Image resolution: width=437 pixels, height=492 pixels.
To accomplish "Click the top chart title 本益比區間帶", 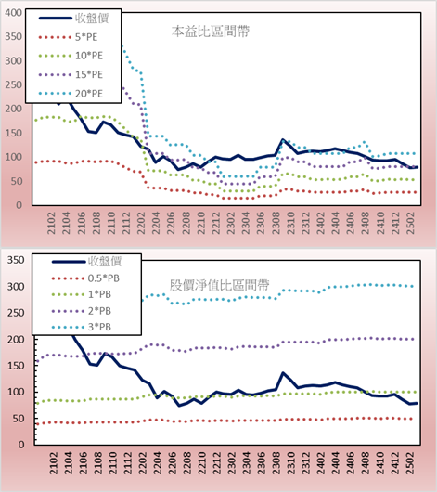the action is pos(211,32).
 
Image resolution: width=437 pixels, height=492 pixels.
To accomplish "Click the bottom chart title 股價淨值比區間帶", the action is pos(219,285).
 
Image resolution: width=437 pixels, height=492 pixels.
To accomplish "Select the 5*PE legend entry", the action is pos(68,37).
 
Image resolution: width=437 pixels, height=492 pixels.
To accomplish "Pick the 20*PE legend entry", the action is pos(71,94).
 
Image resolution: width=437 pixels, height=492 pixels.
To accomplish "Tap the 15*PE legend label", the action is pos(89,74).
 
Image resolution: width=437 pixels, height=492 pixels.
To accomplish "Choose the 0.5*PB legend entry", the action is pos(85,278).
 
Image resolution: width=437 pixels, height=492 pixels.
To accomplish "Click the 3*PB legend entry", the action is pos(82,327).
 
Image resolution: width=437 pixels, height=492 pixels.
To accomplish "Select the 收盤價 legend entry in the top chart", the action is pos(73,19).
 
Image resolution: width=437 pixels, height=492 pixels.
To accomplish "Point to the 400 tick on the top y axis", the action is pos(14,13).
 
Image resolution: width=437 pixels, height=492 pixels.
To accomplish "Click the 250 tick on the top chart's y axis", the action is pos(14,84).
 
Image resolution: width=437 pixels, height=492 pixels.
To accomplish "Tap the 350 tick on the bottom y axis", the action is pos(16,260).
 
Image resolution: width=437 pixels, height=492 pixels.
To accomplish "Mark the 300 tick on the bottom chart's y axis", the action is pos(16,286).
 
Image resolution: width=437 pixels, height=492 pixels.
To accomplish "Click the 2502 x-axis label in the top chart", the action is pos(410,223).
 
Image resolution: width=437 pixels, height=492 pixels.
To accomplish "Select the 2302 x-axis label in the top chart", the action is pos(231,223).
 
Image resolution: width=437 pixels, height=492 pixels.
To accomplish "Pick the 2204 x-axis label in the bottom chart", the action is pos(158,463).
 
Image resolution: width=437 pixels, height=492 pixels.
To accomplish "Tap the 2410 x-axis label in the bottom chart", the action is pos(380,463).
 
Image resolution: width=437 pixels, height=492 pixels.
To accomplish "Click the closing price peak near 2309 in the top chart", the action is pos(283,139).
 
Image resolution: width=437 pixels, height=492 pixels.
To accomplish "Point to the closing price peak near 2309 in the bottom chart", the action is pos(283,373).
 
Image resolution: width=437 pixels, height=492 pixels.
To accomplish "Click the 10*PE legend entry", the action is pos(71,56).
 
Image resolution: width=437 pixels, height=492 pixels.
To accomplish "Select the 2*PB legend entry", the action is pos(82,311).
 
